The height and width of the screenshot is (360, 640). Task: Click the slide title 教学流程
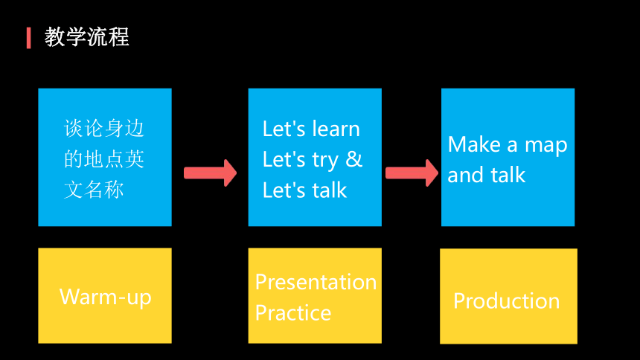tap(86, 37)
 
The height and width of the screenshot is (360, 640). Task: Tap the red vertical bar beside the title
tap(28, 38)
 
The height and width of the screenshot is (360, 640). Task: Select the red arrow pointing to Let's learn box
tap(210, 173)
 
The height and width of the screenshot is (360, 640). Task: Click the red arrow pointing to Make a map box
tap(412, 173)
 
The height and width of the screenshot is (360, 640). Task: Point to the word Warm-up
tap(106, 297)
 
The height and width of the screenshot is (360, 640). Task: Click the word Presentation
tap(316, 282)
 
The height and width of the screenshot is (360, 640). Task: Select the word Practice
tap(293, 313)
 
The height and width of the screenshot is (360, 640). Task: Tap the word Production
tap(507, 301)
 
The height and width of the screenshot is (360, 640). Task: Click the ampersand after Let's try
tap(353, 158)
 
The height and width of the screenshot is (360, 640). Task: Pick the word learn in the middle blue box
tap(335, 129)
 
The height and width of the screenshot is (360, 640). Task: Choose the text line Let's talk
tap(304, 190)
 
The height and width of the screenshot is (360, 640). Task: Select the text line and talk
tap(486, 175)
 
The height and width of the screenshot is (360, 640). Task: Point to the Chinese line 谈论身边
tap(104, 128)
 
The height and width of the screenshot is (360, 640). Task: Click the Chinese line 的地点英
tap(104, 158)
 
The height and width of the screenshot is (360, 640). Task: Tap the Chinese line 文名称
tap(94, 190)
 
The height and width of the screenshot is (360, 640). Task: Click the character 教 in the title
tap(54, 37)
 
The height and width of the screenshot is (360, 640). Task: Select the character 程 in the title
tap(119, 37)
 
